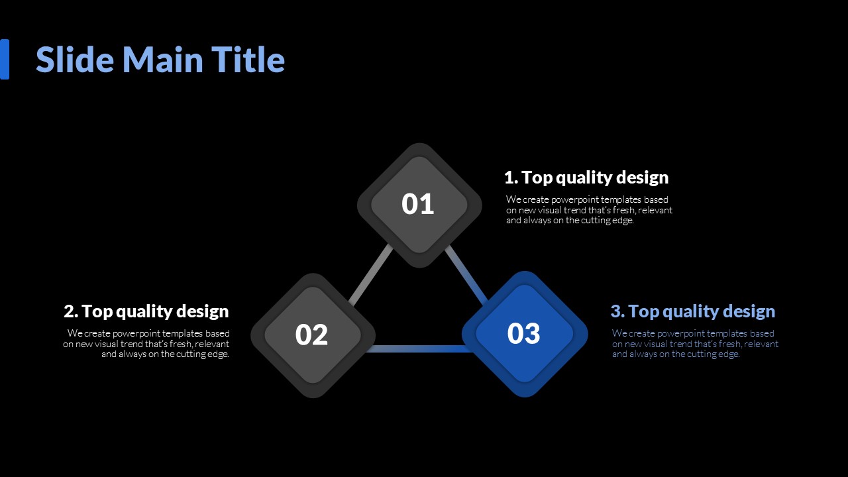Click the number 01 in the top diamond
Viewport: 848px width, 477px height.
point(417,204)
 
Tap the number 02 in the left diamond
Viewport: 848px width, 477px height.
point(311,335)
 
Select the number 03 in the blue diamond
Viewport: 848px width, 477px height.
point(523,333)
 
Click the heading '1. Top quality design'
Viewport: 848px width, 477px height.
point(586,178)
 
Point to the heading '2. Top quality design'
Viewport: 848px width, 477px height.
point(146,311)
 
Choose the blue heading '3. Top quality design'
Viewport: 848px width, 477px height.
point(693,311)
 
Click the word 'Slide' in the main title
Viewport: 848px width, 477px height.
point(75,60)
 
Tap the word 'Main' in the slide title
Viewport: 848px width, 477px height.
point(163,60)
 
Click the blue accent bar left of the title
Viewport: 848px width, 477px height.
point(5,60)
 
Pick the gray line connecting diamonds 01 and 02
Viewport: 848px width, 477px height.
point(370,275)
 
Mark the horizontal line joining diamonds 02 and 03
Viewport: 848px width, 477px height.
point(418,348)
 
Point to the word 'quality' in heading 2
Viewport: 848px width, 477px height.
point(144,312)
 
